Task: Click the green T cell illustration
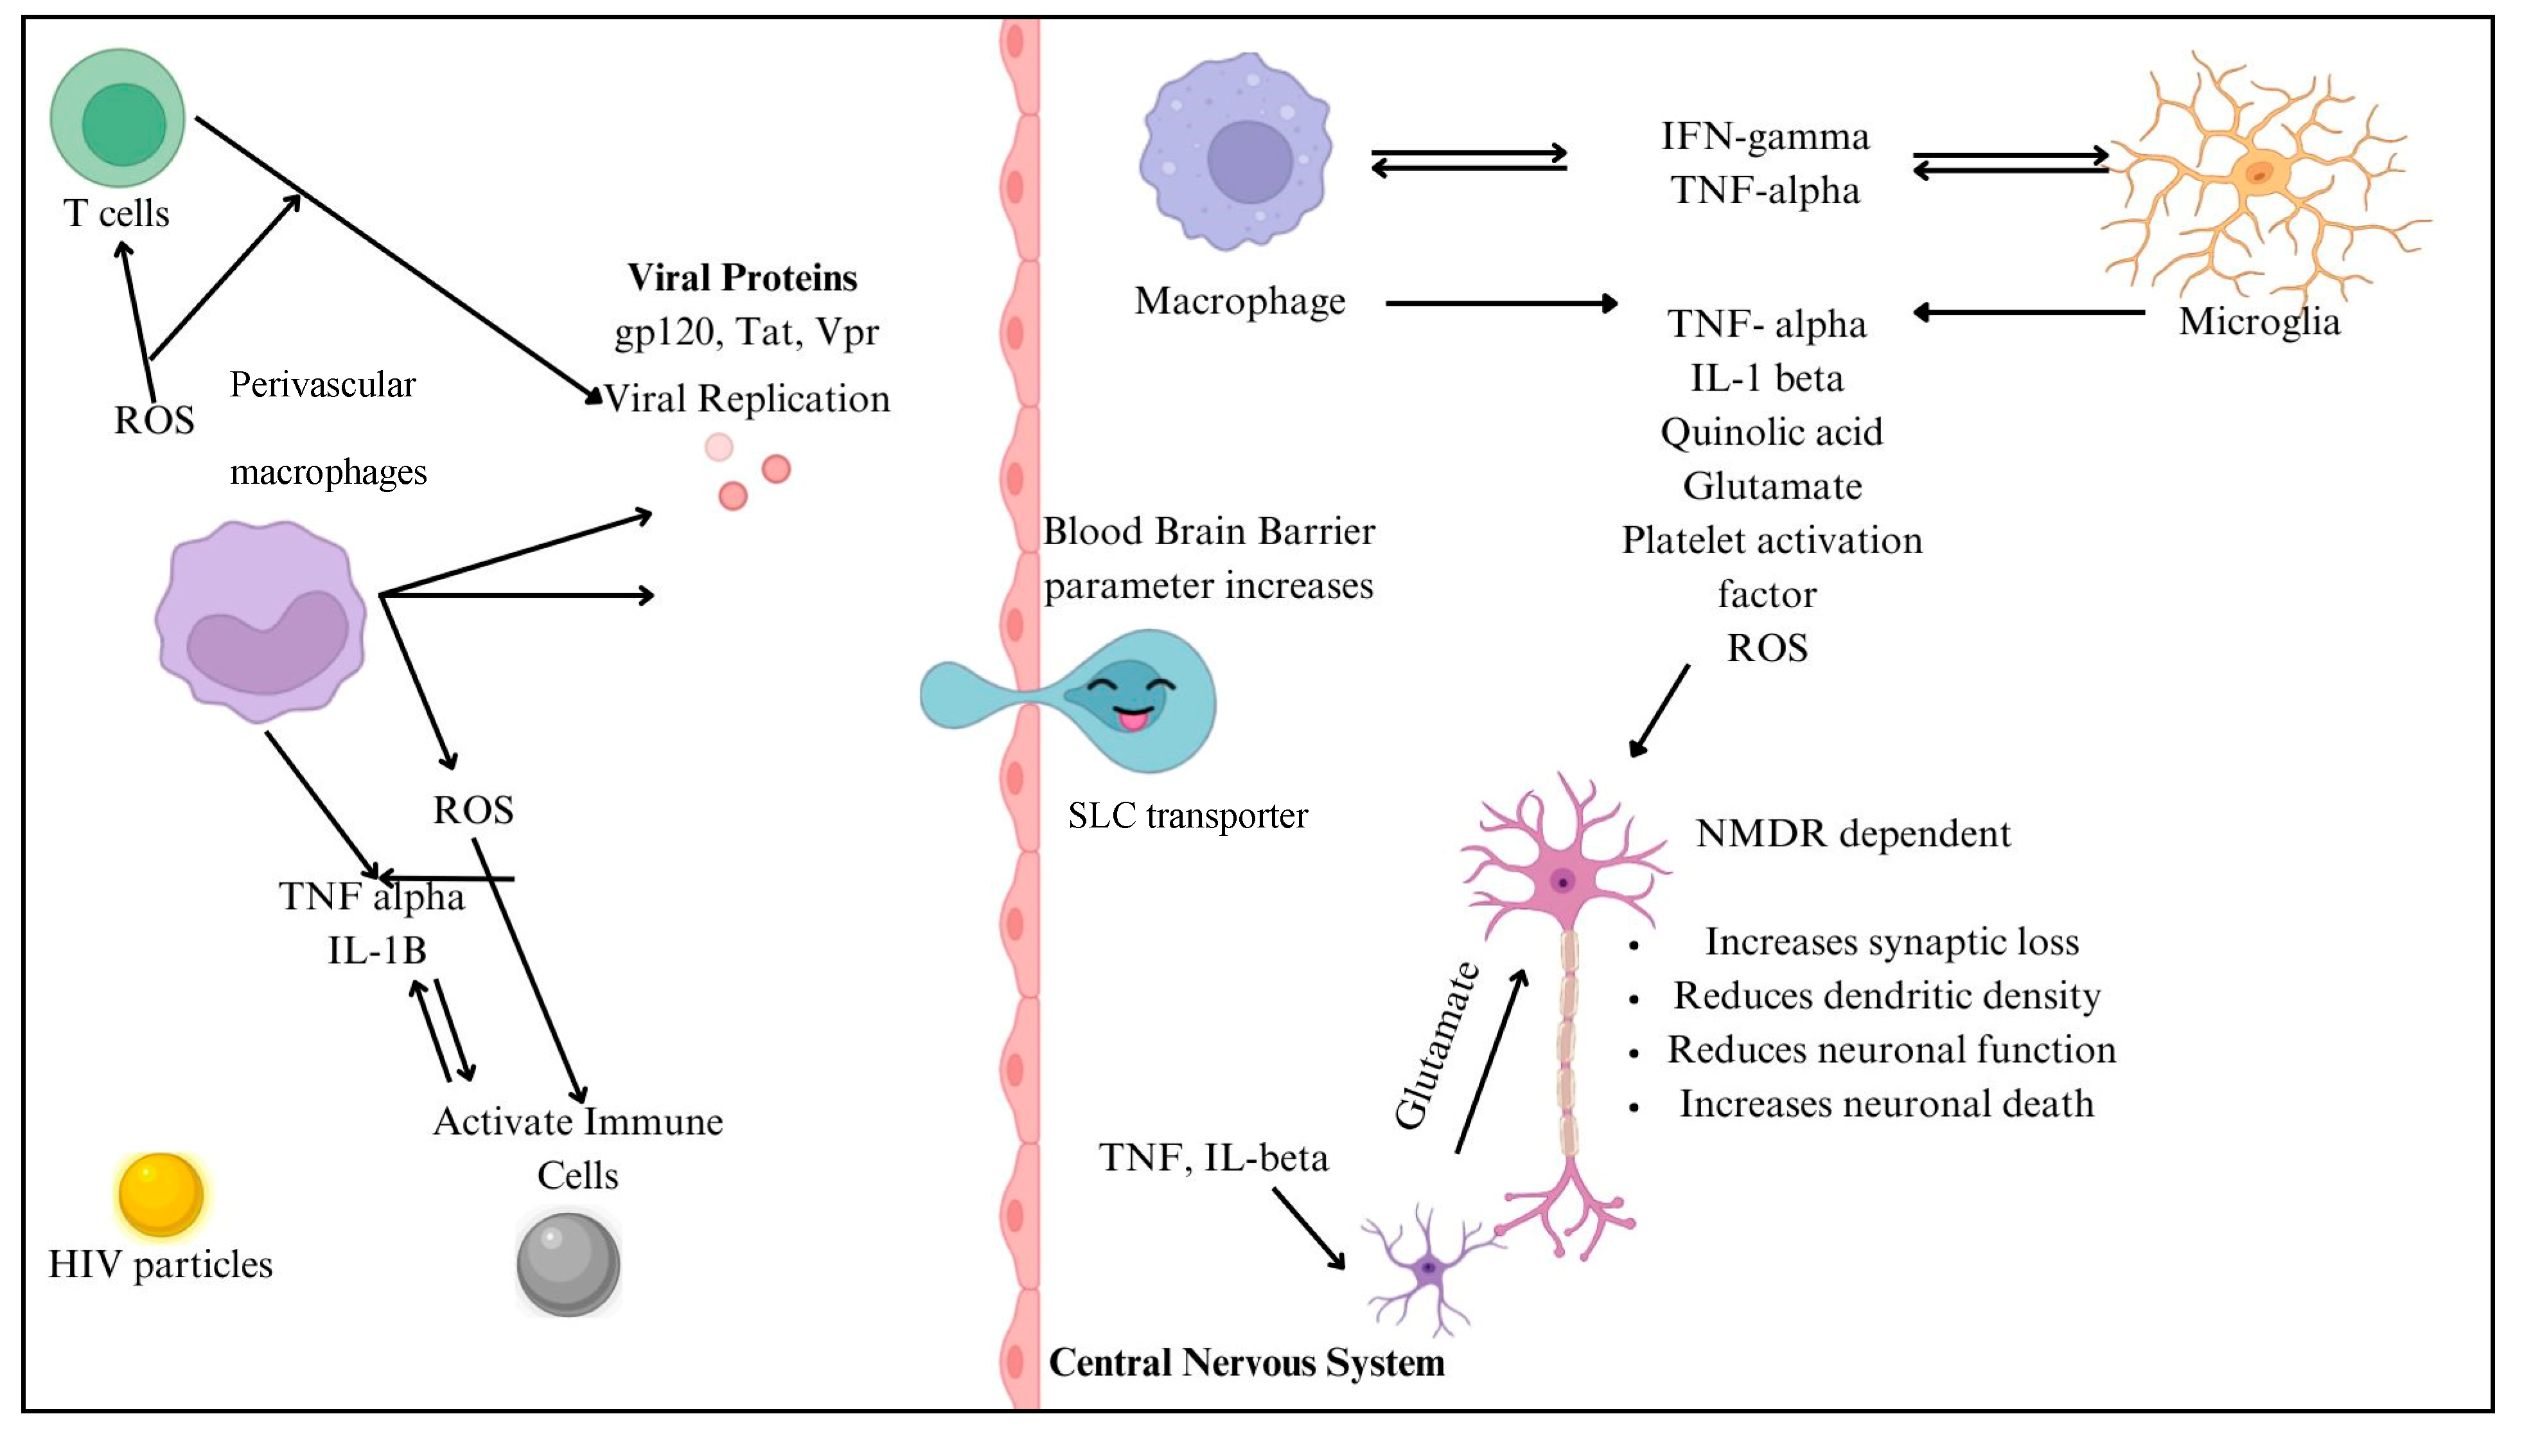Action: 118,118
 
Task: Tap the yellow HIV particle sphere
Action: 160,1194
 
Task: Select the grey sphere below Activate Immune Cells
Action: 569,1264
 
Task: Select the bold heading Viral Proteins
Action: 743,278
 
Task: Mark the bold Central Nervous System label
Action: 1247,1362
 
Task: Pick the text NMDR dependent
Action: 1853,833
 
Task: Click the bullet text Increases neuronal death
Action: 1887,1104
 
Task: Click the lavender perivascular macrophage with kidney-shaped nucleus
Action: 261,622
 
